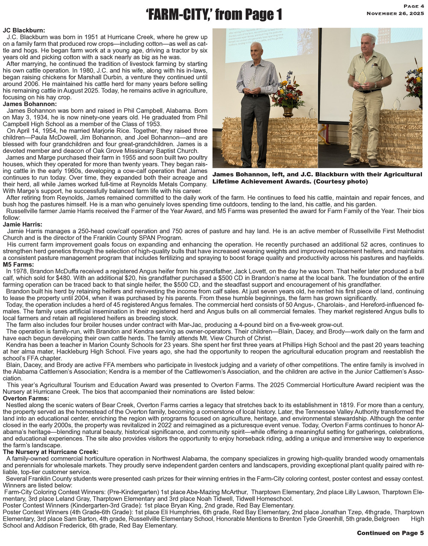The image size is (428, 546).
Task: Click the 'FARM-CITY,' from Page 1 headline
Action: tap(214, 15)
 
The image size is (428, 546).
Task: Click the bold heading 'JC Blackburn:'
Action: tap(24, 30)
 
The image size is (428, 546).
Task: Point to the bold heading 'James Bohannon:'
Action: tap(30, 104)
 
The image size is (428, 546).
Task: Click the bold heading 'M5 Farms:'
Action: tap(18, 265)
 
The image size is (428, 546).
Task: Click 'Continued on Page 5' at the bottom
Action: tap(390, 533)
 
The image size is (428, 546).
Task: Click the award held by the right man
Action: tap(362, 78)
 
